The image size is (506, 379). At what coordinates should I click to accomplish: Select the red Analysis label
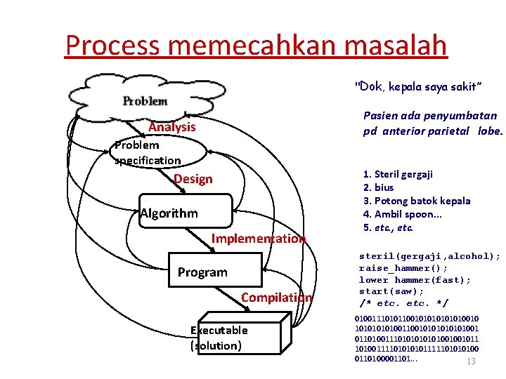tap(172, 127)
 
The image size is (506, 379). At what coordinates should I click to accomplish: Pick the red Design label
tap(193, 179)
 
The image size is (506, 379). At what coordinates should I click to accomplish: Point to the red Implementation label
tap(259, 239)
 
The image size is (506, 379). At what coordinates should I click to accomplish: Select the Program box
tap(202, 272)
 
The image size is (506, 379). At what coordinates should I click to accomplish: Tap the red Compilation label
tap(276, 298)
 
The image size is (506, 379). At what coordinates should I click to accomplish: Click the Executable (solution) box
tap(219, 338)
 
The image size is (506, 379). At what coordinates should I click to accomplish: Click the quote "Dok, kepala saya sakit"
tap(418, 86)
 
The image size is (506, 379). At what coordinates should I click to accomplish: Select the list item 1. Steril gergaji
tap(398, 174)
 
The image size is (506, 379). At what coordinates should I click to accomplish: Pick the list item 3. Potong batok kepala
tap(417, 201)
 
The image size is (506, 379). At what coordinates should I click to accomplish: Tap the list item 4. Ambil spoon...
tap(402, 214)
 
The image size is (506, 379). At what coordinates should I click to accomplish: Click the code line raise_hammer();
tap(403, 268)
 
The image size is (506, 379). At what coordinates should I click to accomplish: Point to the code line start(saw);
tap(391, 291)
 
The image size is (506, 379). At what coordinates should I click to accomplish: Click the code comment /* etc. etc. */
tap(403, 303)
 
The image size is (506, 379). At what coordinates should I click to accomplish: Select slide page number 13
tap(472, 361)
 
